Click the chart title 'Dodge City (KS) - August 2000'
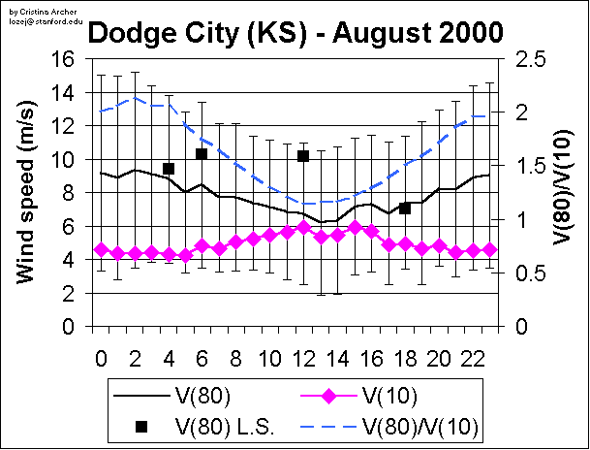coord(296,35)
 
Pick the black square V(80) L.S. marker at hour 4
coord(169,169)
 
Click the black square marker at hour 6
coord(202,154)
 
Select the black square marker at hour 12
coord(303,155)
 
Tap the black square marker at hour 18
coord(405,209)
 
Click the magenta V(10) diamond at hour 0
coord(101,249)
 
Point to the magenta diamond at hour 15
coord(355,227)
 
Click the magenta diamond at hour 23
coord(490,249)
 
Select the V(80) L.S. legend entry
coord(184,426)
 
